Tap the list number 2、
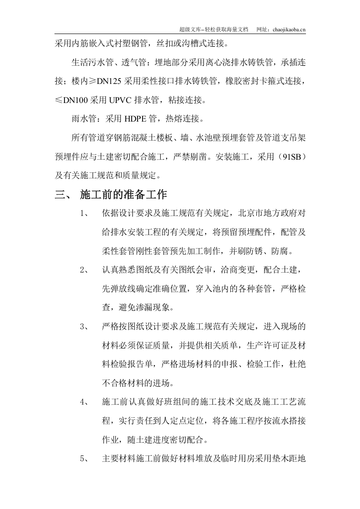(85, 270)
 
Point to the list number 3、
(85, 327)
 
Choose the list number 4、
(85, 402)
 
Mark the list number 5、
(85, 458)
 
